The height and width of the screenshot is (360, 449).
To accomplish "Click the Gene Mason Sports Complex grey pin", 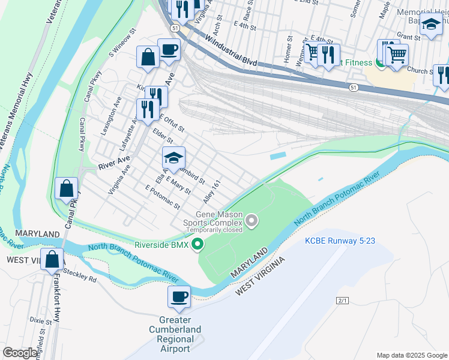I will tap(252, 222).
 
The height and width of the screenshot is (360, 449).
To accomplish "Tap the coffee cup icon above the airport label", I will tap(179, 297).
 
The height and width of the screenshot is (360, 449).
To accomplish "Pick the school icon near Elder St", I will tap(173, 158).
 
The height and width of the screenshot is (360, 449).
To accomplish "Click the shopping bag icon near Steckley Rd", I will tap(53, 261).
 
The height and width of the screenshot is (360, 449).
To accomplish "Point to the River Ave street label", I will tap(114, 161).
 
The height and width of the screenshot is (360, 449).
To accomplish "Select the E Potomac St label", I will tap(163, 197).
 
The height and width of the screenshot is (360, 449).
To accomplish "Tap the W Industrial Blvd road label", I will tap(231, 52).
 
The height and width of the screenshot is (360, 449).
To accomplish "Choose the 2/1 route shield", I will tap(343, 300).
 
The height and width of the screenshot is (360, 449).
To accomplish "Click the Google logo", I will tap(20, 353).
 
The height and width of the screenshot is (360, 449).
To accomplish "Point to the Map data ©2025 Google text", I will tap(411, 355).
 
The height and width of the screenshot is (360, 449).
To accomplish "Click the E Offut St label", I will tap(171, 123).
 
